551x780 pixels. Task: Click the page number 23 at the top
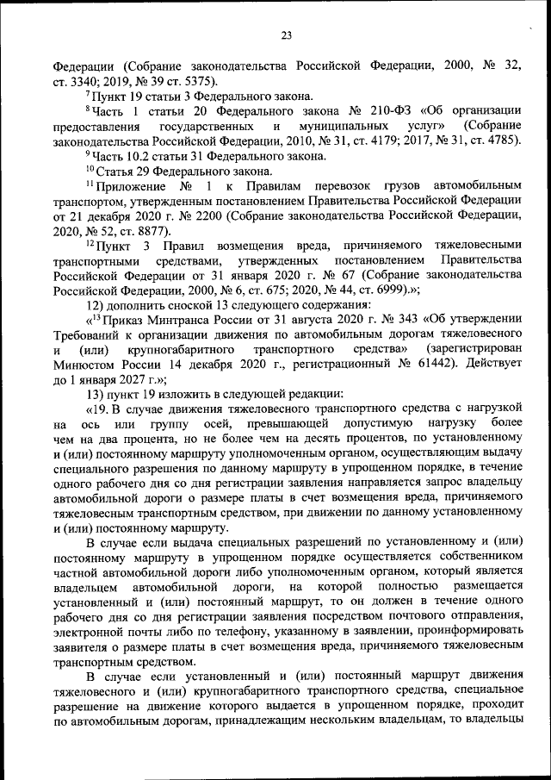286,35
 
